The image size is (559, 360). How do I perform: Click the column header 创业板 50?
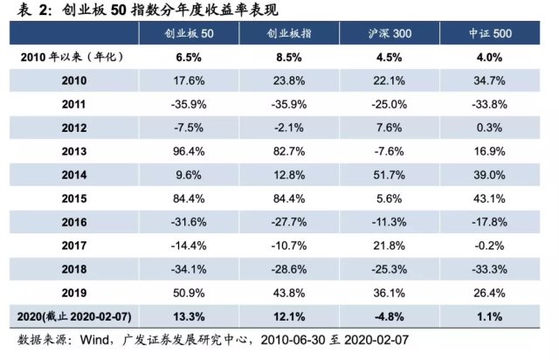point(189,33)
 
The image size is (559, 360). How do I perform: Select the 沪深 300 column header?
point(390,33)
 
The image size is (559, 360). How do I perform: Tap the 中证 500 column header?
point(490,33)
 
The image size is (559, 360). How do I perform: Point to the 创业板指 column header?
point(289,33)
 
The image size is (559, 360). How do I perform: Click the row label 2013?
point(74,151)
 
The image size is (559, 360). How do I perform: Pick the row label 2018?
point(74,269)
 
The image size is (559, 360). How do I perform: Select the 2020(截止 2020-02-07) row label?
point(74,316)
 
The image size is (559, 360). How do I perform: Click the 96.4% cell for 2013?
point(189,151)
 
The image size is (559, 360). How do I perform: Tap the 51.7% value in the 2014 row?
point(390,175)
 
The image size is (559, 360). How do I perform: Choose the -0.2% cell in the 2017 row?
point(489,246)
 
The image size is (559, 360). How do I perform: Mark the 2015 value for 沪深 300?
point(390,198)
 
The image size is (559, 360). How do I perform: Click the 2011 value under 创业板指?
point(289,104)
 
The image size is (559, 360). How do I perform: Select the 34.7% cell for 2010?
point(489,80)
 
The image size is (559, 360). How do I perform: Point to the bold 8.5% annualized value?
point(289,57)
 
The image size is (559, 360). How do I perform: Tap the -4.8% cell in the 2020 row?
point(390,316)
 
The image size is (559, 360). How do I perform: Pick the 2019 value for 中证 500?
point(489,293)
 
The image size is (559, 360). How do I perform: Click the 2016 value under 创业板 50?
point(189,222)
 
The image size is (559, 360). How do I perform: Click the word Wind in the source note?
point(94,340)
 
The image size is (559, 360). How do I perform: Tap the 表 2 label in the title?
point(32,10)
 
